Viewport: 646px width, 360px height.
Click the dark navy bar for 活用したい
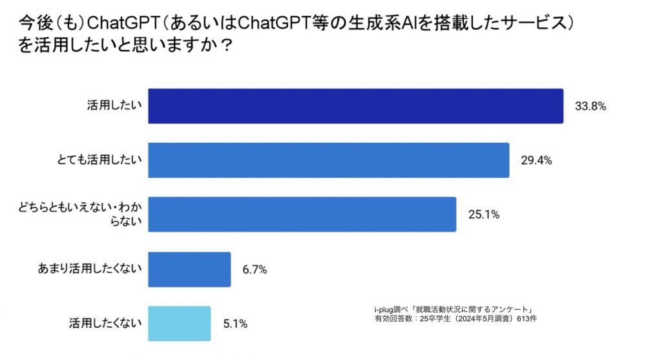[x=355, y=106]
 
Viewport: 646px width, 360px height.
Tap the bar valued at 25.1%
[x=302, y=215]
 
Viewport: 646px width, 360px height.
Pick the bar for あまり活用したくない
[x=189, y=269]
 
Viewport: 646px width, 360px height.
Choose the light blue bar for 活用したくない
[x=179, y=323]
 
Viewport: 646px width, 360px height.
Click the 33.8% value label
[x=589, y=107]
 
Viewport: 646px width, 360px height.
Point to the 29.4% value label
[x=536, y=161]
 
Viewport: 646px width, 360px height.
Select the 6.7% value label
[x=255, y=270]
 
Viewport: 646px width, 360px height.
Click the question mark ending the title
[x=227, y=48]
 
